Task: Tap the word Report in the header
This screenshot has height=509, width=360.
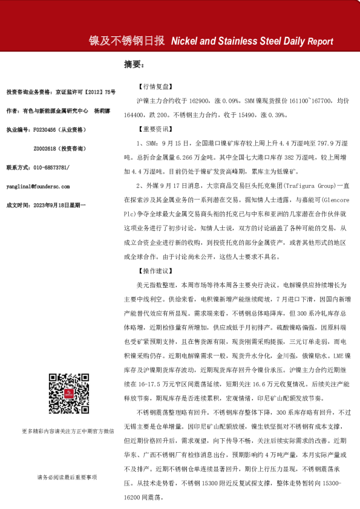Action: click(x=320, y=42)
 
